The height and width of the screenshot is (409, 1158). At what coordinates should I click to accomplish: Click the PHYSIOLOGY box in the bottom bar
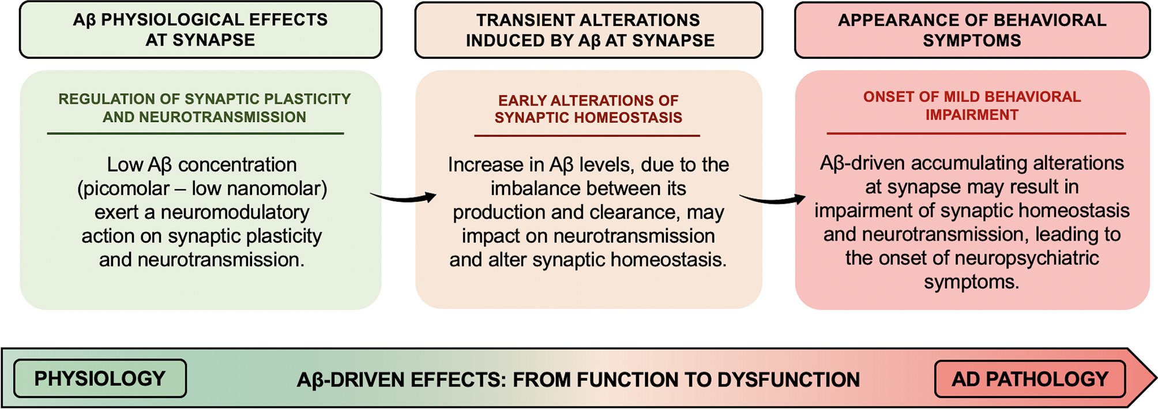(x=100, y=378)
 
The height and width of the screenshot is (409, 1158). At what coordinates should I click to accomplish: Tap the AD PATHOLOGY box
(x=1030, y=379)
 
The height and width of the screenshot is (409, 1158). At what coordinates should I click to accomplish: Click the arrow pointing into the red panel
(x=772, y=200)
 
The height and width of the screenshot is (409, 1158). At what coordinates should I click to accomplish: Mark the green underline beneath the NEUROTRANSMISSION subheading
(x=195, y=133)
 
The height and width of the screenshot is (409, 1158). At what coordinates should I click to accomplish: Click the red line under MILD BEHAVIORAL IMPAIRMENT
(x=976, y=133)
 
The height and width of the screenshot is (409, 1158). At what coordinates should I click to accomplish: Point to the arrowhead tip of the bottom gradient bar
(x=1156, y=378)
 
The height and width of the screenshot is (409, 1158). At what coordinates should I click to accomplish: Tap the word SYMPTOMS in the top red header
(x=972, y=40)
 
